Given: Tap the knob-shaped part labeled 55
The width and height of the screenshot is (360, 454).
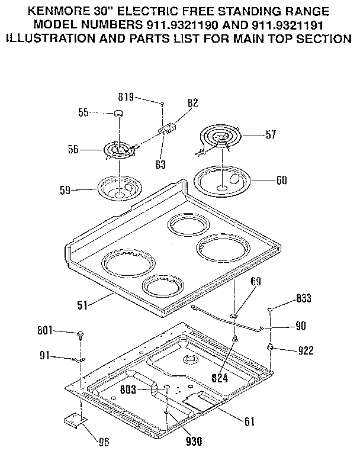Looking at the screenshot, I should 118,112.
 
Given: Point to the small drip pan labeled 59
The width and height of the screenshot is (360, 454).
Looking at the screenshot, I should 118,188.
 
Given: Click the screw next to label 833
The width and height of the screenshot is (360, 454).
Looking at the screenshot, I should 271,310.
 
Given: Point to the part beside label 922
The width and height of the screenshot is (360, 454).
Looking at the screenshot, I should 271,347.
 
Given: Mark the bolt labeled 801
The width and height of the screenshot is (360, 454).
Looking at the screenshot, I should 79,335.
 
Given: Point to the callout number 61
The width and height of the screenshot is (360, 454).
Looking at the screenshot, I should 249,421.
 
